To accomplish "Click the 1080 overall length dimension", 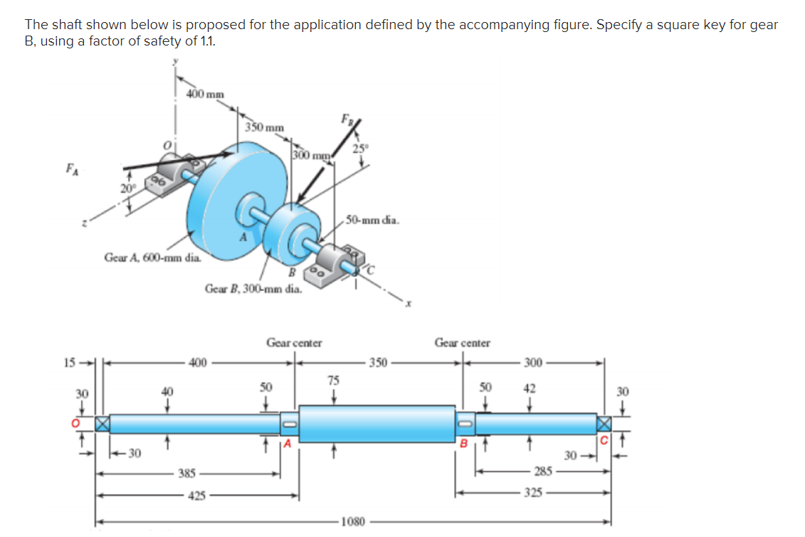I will (354, 521).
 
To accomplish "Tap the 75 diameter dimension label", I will (333, 380).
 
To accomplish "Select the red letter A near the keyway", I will (288, 445).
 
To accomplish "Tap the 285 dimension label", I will (542, 471).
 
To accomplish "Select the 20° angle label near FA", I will (127, 188).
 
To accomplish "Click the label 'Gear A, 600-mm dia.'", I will (152, 257).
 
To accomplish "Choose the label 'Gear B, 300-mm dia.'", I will (252, 288).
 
